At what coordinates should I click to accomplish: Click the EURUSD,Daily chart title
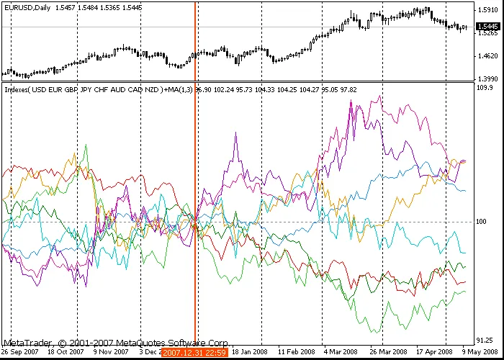(27, 6)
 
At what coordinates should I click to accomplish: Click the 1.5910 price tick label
(487, 10)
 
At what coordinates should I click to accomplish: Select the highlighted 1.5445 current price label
(487, 26)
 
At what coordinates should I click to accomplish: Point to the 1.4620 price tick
(487, 56)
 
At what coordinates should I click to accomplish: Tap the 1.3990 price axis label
(487, 78)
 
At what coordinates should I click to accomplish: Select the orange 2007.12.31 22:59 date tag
(194, 352)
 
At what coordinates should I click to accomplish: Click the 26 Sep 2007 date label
(20, 352)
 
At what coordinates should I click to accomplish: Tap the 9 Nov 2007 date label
(112, 352)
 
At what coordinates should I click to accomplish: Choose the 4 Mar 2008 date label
(340, 352)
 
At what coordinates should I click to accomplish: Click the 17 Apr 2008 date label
(433, 352)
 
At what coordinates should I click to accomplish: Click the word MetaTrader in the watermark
(28, 343)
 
